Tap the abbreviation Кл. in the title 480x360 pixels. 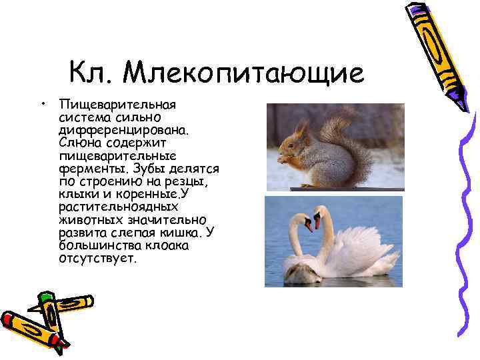click(x=92, y=73)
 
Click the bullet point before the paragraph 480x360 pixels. click(x=42, y=105)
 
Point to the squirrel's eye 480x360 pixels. click(x=293, y=138)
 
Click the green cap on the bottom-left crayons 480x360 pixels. click(x=46, y=297)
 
